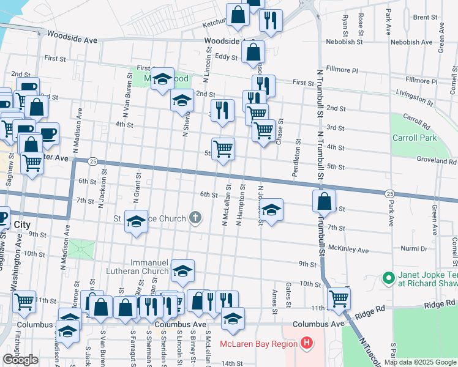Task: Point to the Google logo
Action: (20, 360)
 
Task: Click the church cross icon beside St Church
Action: (195, 218)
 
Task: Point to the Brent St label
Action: (424, 18)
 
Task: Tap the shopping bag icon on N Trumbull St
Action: (325, 200)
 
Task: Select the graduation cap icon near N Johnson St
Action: (272, 209)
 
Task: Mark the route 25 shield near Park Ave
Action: (390, 193)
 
